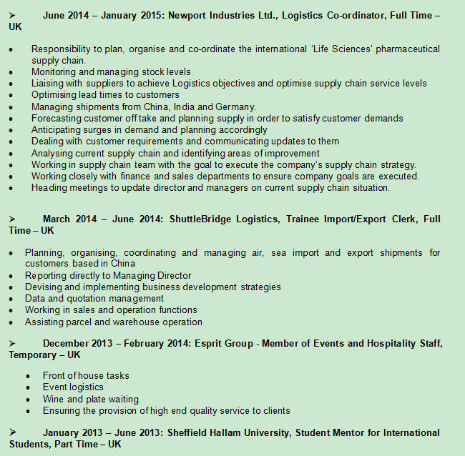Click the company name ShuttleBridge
tap(206, 219)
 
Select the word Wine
tap(53, 399)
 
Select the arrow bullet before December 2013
tap(13, 344)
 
